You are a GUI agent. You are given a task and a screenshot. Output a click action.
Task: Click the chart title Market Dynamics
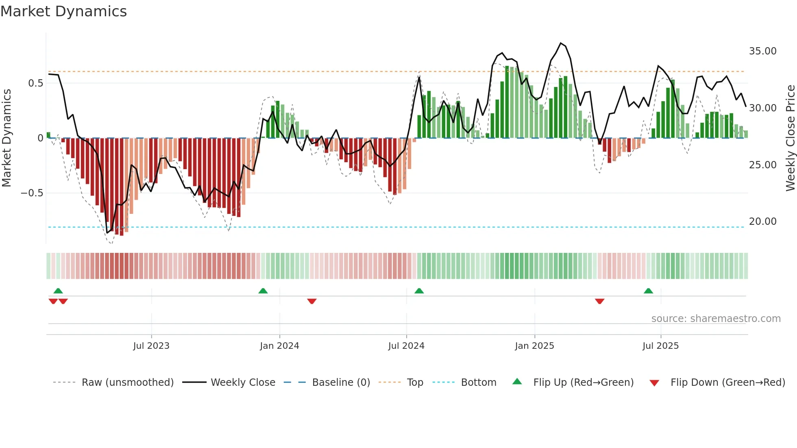[x=63, y=11]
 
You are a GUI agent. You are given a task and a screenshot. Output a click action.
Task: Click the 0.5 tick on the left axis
[x=35, y=83]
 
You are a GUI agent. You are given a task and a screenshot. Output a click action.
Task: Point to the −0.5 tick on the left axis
[x=32, y=193]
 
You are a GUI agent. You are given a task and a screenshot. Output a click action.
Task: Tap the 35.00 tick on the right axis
[x=762, y=51]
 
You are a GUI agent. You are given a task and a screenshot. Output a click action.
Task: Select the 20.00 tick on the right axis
[x=762, y=222]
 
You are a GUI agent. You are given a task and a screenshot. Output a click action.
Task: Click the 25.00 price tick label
[x=762, y=165]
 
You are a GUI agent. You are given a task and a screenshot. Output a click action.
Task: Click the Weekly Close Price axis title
[x=790, y=138]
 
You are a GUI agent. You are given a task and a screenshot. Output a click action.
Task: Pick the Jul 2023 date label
[x=151, y=346]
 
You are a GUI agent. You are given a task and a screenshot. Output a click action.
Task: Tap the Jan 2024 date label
[x=279, y=346]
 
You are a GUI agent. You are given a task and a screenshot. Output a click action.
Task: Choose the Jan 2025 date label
[x=534, y=346]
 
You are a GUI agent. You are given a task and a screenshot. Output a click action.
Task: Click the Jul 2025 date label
[x=660, y=346]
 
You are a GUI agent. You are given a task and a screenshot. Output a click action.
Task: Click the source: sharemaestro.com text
[x=716, y=319]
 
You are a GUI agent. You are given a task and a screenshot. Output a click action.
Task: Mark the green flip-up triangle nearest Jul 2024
[x=419, y=291]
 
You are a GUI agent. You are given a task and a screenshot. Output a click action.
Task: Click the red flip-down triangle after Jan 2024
[x=312, y=301]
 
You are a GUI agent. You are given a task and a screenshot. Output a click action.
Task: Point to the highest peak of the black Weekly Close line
[x=561, y=43]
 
